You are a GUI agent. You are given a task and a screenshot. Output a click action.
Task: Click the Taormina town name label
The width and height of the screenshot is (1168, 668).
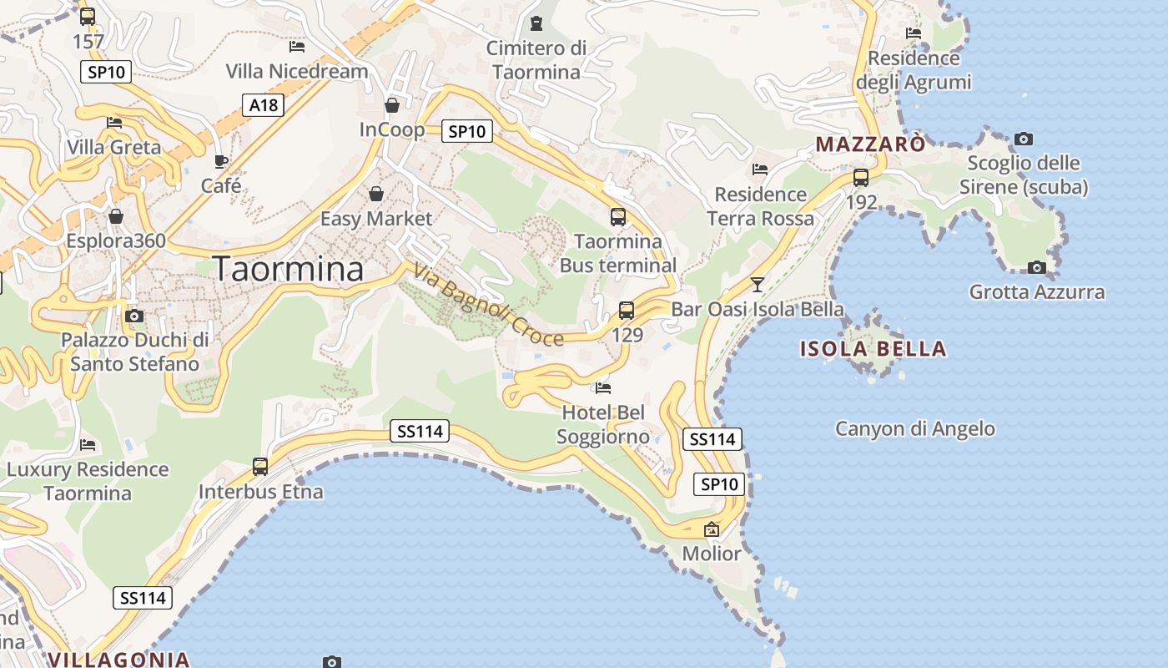[x=289, y=269]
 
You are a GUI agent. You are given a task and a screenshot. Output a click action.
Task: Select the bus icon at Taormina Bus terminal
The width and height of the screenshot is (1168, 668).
[x=618, y=217]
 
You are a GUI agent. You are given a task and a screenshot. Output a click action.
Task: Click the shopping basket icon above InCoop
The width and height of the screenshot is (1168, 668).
[x=392, y=105]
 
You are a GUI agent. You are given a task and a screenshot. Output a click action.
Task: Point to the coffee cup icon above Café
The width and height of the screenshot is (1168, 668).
[x=221, y=161]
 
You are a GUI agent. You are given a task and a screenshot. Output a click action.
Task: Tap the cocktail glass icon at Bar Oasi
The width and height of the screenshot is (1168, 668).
[x=757, y=285]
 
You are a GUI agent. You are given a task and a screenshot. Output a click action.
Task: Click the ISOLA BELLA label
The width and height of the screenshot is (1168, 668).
[x=873, y=348]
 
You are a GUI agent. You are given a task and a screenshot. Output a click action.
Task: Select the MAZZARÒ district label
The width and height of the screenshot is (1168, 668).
[x=870, y=144]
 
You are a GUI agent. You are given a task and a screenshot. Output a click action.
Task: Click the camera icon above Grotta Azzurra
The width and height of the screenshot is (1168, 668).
[x=1036, y=267]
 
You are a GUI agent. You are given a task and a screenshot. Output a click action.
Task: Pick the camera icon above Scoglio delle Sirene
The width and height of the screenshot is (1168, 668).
[x=1024, y=139]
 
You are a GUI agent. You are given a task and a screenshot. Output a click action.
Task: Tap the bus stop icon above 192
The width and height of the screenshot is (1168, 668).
[x=861, y=178]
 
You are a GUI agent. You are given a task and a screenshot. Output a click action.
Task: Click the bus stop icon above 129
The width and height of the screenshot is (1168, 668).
[x=627, y=311]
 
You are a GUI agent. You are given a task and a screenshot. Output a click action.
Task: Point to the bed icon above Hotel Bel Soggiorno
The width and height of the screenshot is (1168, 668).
[x=602, y=387]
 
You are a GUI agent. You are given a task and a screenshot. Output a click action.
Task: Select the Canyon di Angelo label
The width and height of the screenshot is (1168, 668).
[x=915, y=428]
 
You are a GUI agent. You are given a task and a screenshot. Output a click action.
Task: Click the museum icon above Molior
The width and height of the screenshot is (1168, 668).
[x=712, y=529]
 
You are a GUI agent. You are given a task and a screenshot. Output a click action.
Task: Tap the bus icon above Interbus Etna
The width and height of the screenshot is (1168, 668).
[x=260, y=467]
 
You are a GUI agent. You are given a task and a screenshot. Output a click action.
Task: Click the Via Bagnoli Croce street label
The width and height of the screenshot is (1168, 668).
[x=488, y=305]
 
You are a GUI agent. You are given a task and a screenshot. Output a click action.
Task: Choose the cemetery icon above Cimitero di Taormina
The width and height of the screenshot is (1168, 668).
[x=536, y=23]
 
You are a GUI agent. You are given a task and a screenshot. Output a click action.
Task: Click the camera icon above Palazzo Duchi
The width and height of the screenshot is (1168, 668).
[x=133, y=316]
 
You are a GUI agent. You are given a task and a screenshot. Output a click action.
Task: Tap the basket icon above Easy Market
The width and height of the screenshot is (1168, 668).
[x=376, y=194]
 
